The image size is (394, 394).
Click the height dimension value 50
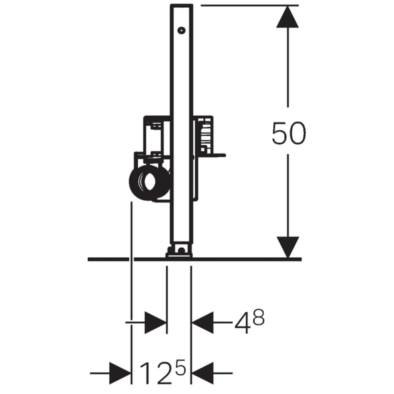click(288, 133)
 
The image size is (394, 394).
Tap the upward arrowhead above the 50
click(288, 18)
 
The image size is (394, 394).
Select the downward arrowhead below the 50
click(288, 246)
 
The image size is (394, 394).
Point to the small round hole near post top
click(181, 31)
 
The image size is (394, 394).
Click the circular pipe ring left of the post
click(149, 182)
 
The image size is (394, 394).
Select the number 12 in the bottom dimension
click(154, 373)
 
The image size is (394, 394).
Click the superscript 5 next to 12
click(181, 367)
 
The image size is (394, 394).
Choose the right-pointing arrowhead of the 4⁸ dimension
click(155, 322)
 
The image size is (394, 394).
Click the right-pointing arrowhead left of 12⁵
click(120, 373)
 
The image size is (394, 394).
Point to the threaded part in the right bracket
click(204, 134)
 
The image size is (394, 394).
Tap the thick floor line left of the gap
click(108, 259)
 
